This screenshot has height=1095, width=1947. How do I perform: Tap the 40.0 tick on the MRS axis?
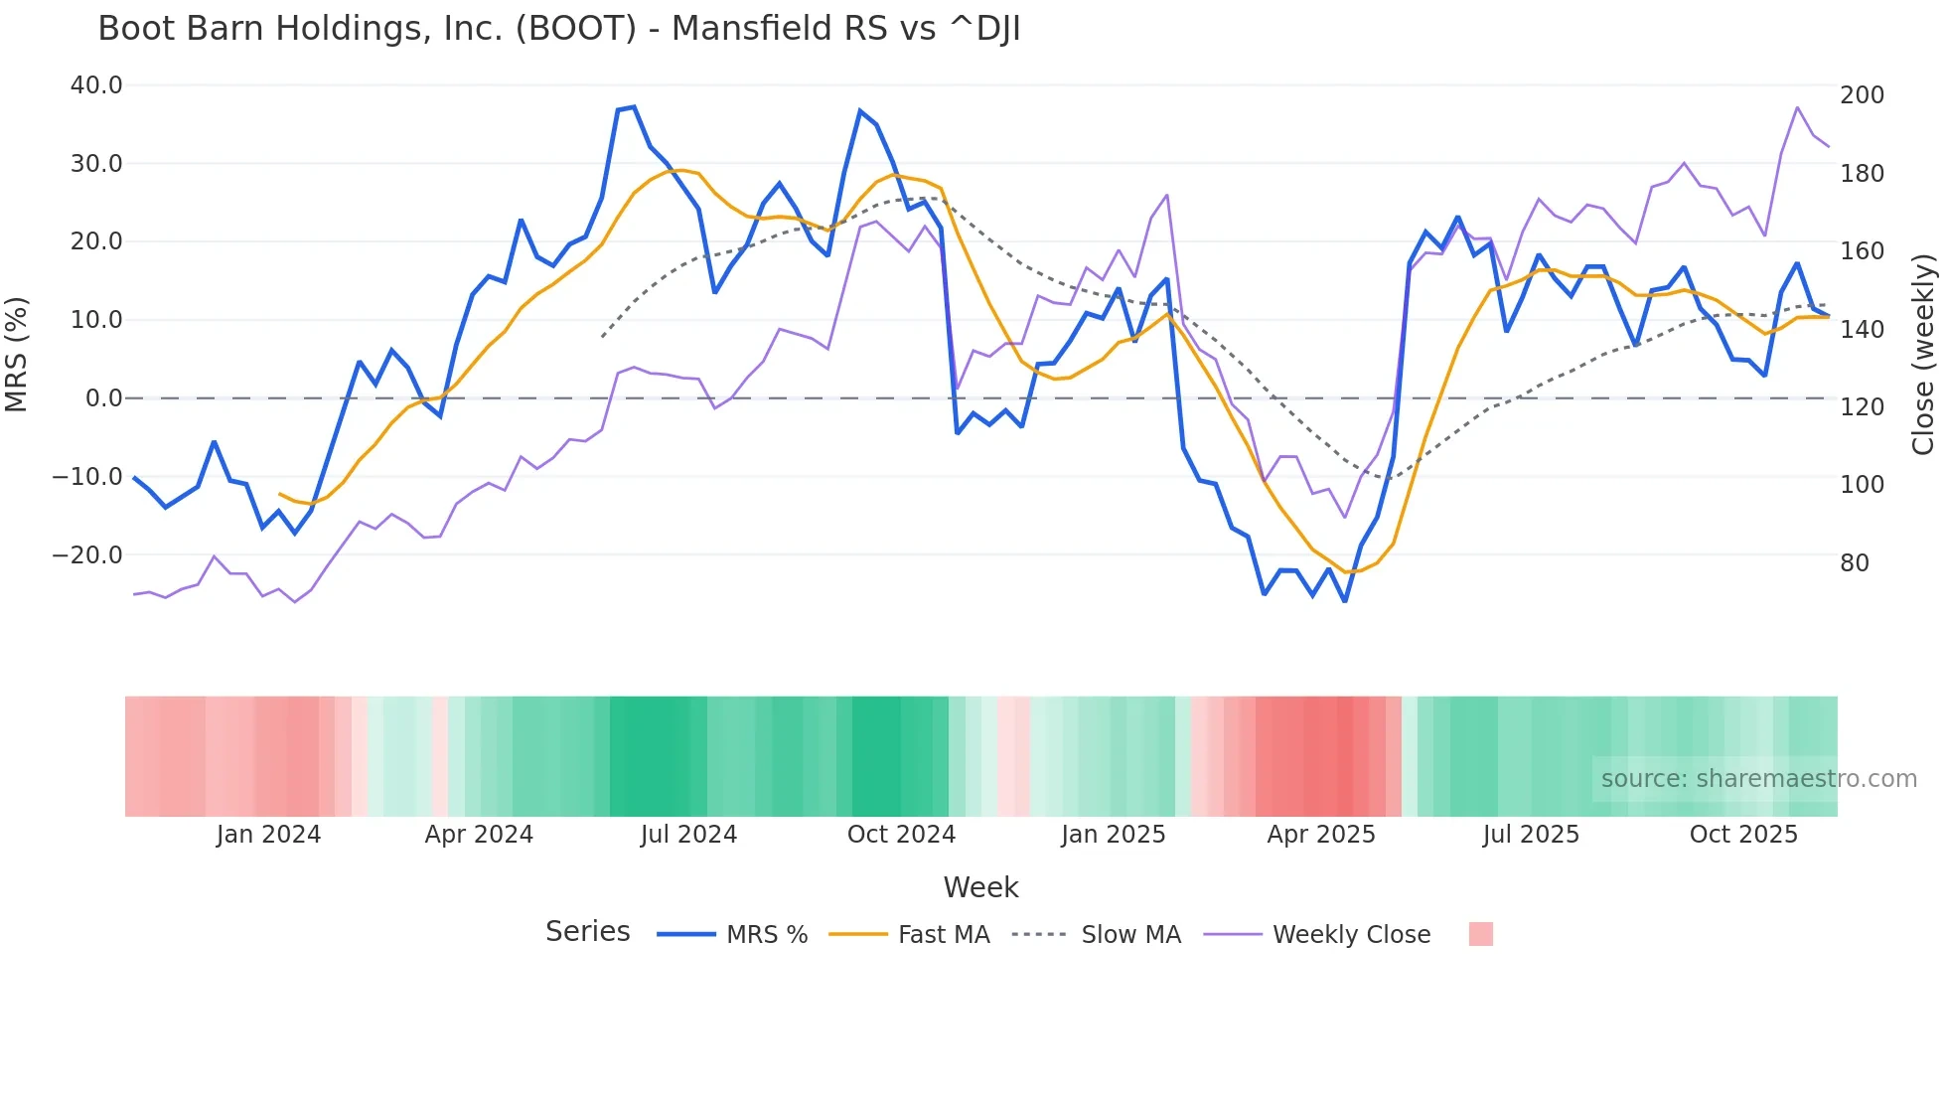point(96,85)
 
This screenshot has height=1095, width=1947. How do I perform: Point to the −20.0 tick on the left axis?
point(87,555)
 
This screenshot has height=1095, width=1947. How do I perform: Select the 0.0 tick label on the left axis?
point(103,398)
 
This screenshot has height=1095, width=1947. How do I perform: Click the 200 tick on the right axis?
point(1862,95)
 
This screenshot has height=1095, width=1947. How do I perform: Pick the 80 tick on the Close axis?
point(1854,563)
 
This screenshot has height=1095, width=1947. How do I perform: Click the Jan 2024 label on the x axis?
point(268,835)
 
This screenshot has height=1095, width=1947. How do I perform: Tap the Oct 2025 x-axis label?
point(1743,835)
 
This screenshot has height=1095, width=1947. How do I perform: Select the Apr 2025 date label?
point(1320,835)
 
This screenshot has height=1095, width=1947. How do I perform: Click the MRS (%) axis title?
point(17,355)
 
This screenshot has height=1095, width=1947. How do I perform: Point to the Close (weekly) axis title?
point(1923,355)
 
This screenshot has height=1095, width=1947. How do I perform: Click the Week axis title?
point(980,887)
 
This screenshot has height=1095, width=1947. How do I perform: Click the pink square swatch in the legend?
point(1480,934)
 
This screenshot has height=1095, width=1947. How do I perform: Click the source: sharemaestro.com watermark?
point(1758,779)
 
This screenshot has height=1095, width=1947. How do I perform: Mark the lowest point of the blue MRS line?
point(1345,601)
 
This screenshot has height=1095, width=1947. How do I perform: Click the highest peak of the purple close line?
point(1797,107)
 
